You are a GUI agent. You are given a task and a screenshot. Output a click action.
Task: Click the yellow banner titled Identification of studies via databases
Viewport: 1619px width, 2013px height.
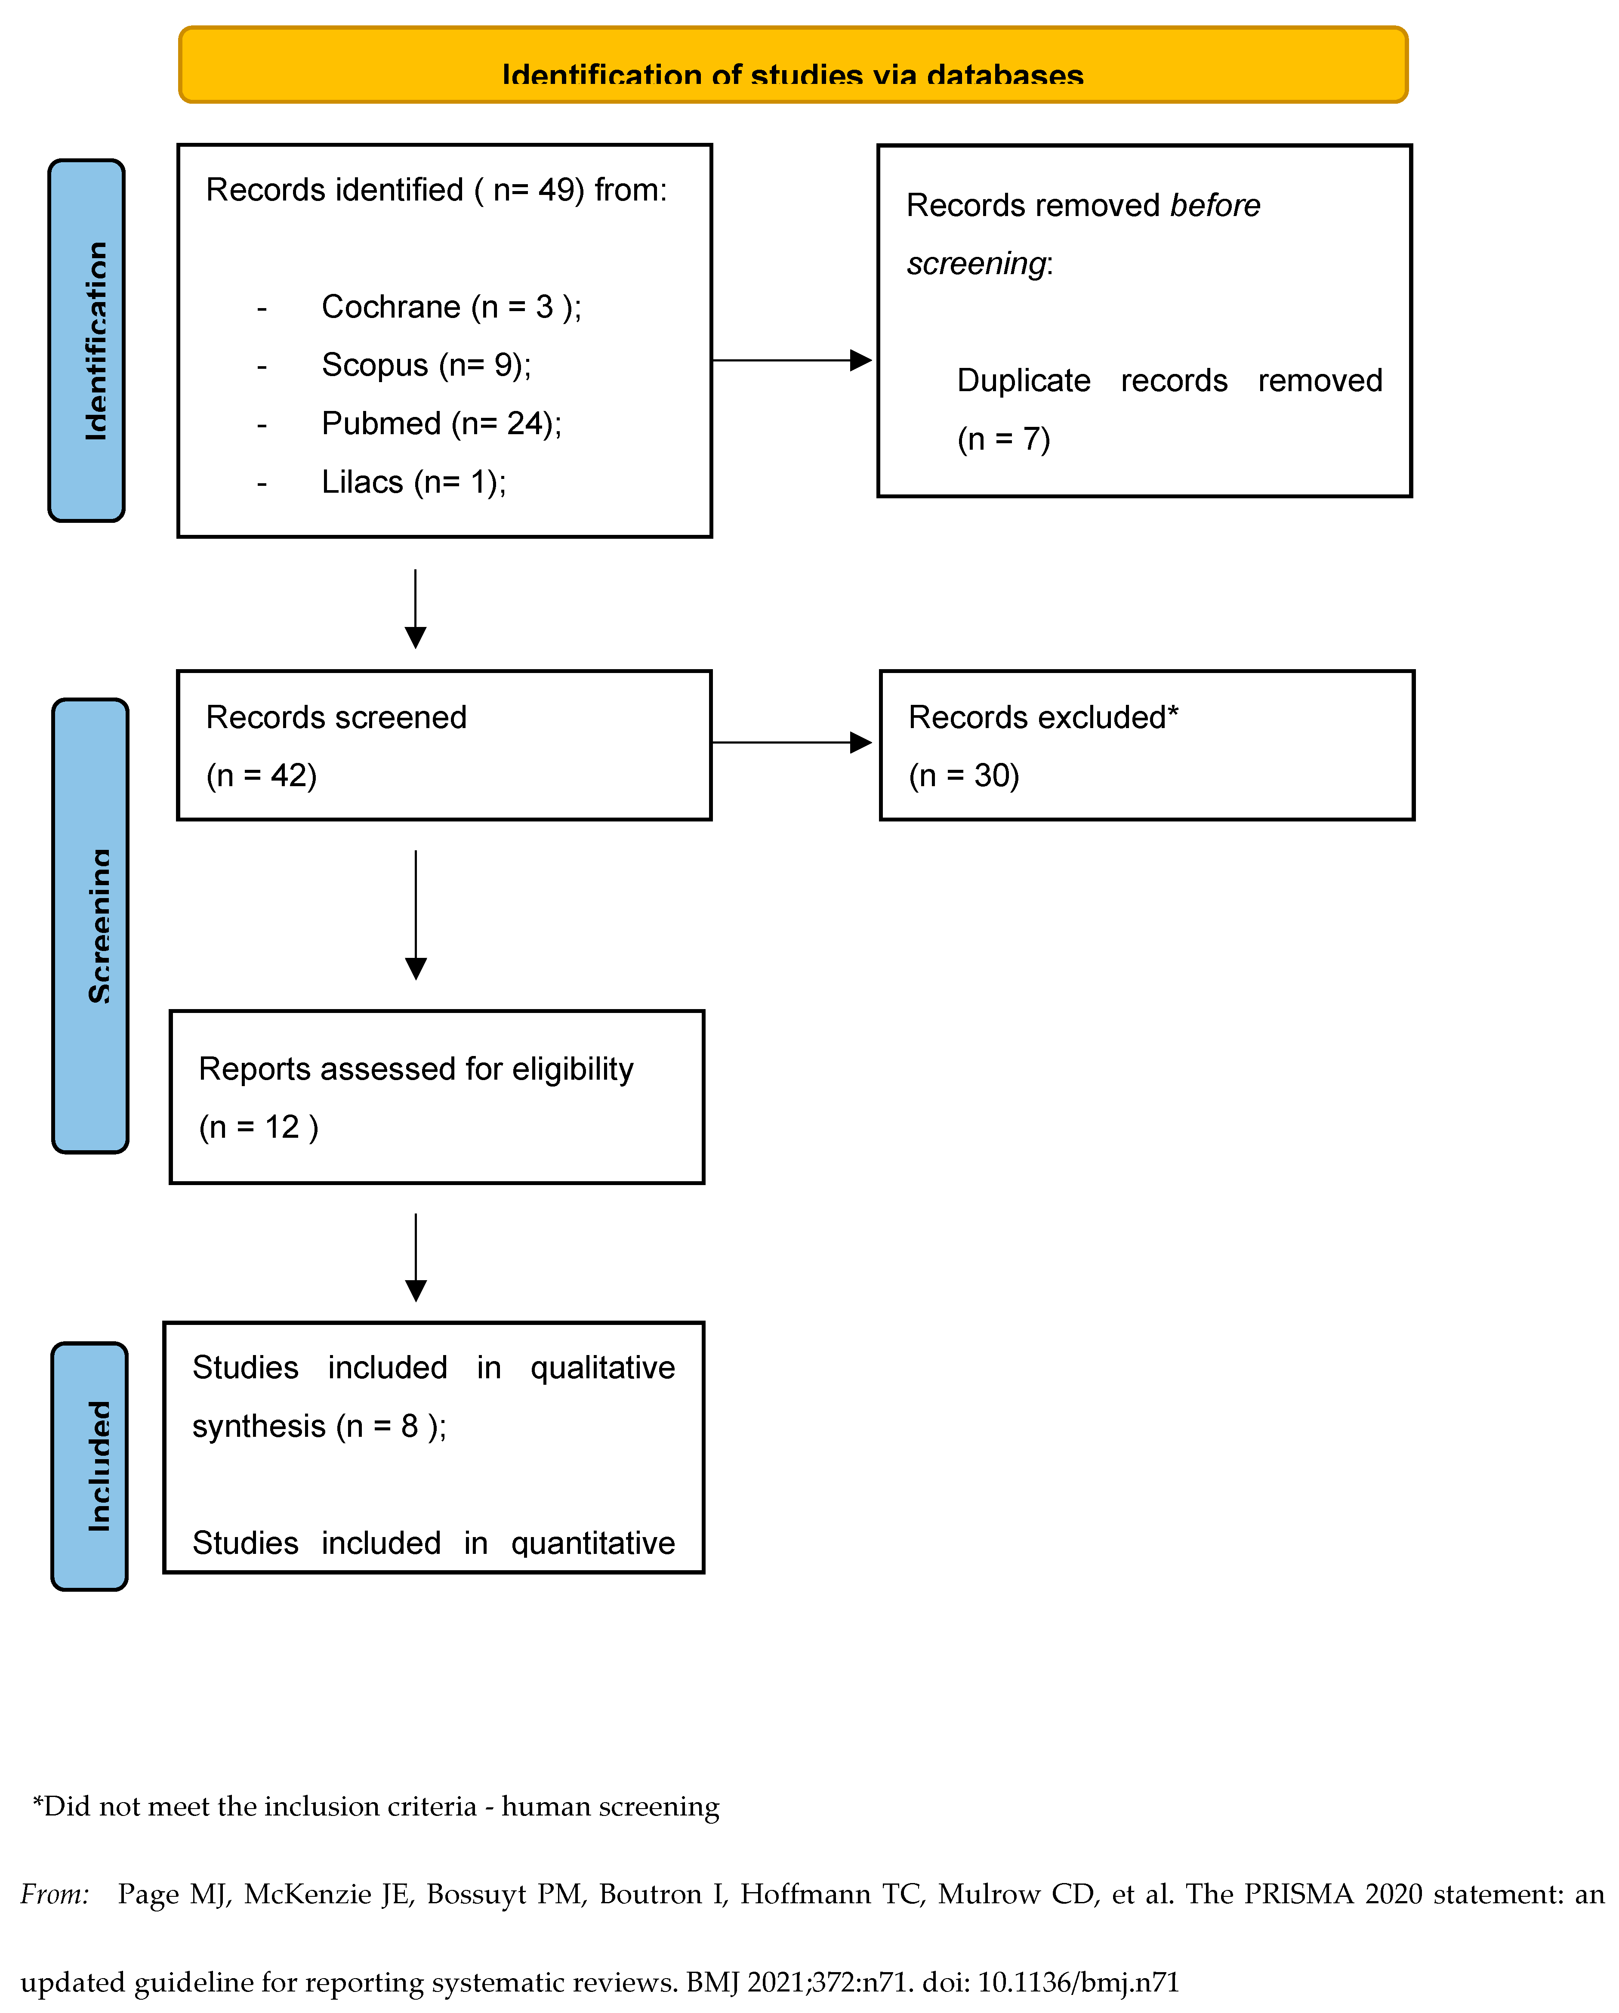(793, 65)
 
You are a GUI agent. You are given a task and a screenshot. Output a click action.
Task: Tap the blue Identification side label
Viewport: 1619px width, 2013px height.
(87, 341)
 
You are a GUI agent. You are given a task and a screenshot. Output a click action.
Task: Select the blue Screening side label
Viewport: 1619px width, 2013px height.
(91, 925)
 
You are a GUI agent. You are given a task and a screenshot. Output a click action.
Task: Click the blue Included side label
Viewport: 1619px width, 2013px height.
(89, 1466)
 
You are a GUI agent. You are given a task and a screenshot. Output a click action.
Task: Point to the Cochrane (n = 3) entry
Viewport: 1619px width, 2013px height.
(451, 307)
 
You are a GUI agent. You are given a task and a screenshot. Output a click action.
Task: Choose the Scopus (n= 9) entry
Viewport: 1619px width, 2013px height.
(426, 365)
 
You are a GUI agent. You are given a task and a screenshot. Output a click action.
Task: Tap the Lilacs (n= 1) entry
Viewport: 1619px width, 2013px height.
(413, 483)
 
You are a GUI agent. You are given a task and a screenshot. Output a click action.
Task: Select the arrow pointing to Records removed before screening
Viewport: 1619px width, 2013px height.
(792, 361)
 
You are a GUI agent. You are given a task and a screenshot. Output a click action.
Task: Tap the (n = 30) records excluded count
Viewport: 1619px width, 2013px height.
(964, 776)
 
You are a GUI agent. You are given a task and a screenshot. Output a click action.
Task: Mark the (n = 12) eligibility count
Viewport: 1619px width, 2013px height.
(259, 1128)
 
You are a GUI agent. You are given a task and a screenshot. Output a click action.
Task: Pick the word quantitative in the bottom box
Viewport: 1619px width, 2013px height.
(593, 1544)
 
